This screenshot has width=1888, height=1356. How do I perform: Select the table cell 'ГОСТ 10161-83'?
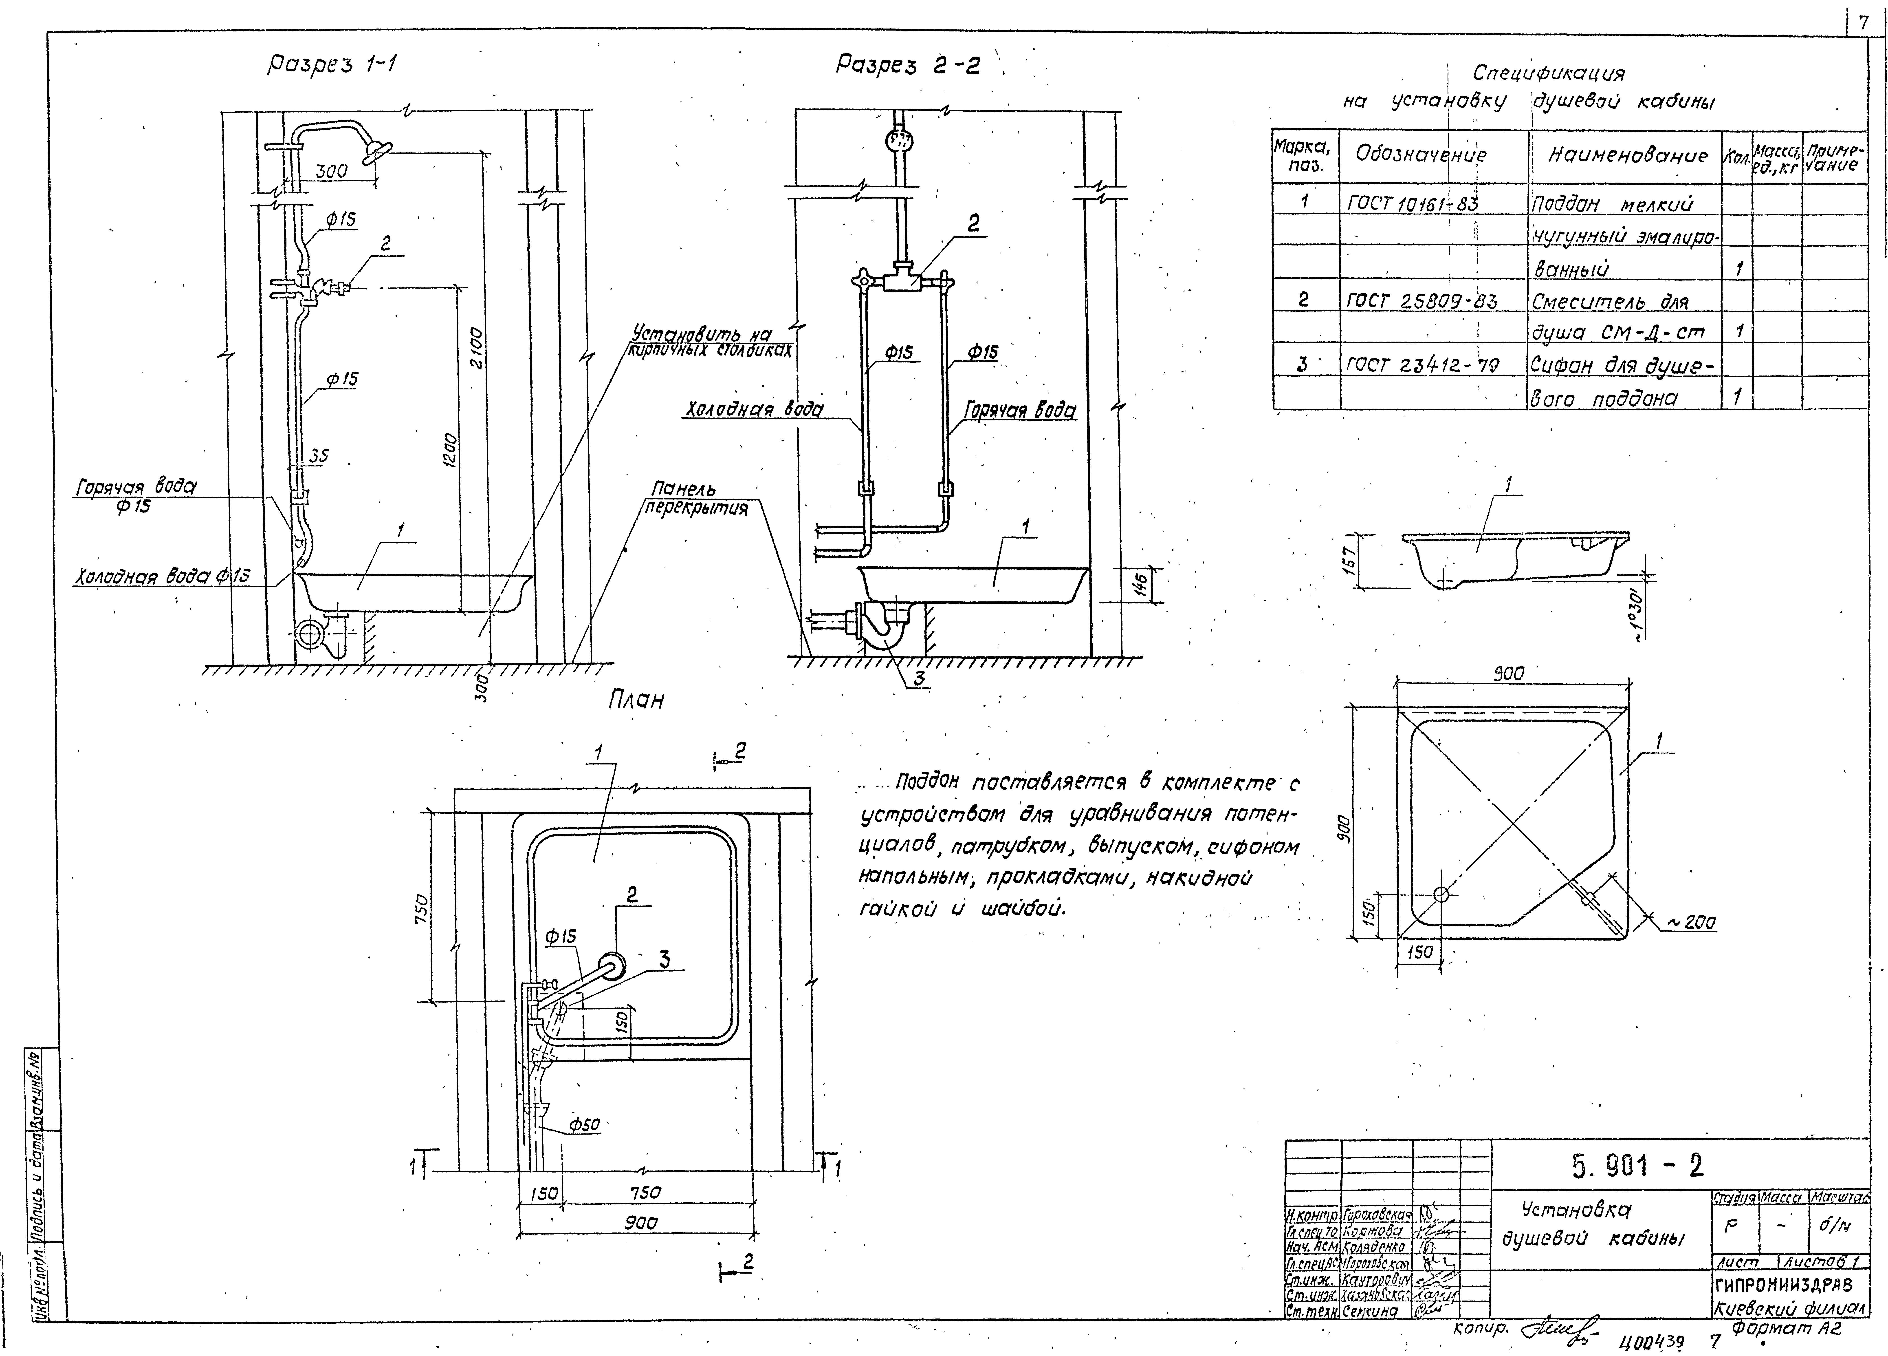(x=1413, y=202)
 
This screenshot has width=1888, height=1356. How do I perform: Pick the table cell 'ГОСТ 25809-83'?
(x=1421, y=301)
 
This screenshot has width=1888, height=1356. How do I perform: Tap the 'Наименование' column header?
(x=1627, y=155)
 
